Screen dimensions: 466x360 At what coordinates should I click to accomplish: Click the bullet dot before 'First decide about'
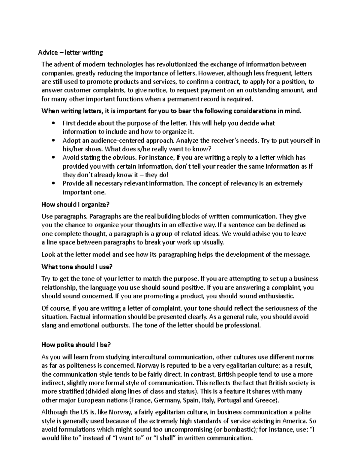tap(53, 123)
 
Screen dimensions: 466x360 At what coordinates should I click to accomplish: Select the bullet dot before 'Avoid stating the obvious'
tap(53, 158)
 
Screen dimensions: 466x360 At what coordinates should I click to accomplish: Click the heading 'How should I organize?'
tap(76, 205)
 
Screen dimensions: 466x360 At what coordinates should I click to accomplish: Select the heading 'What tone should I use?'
tap(77, 267)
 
